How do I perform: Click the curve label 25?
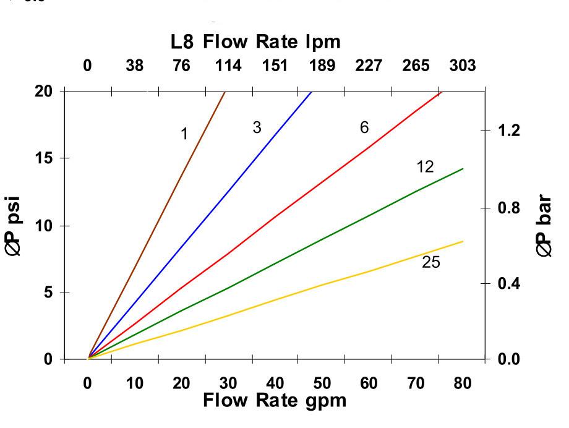(431, 262)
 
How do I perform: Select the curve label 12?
(425, 166)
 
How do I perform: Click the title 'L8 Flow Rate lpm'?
(255, 42)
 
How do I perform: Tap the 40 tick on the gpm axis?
(275, 383)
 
